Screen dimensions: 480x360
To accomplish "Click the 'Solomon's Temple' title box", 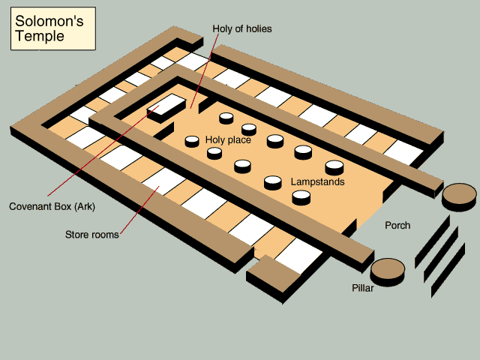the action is click(53, 28).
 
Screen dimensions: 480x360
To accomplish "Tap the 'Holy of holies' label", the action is click(242, 28).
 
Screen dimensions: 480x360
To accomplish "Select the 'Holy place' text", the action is click(228, 140).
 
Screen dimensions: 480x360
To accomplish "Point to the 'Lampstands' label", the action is click(317, 181).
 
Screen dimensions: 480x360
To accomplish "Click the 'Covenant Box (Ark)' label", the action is click(52, 207).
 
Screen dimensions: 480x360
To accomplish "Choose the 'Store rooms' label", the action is click(91, 235).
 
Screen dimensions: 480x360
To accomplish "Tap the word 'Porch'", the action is click(397, 225).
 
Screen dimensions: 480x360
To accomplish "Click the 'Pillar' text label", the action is click(363, 288).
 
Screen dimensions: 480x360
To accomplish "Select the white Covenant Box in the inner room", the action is click(166, 108).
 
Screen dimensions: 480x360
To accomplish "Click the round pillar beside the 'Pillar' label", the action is click(388, 271).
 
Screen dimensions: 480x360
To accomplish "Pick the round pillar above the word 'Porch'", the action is click(459, 197).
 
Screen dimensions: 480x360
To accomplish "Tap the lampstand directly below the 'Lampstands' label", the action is click(301, 197).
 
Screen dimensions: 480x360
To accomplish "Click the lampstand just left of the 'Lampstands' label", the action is click(273, 183).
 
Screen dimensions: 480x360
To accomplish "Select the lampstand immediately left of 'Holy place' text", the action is click(192, 142).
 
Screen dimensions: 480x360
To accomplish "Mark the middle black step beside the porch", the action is click(441, 255).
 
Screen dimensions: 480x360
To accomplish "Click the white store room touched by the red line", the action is click(163, 181).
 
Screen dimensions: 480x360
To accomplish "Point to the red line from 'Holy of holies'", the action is click(205, 71).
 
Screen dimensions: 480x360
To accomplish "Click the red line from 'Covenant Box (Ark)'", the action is click(103, 151).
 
